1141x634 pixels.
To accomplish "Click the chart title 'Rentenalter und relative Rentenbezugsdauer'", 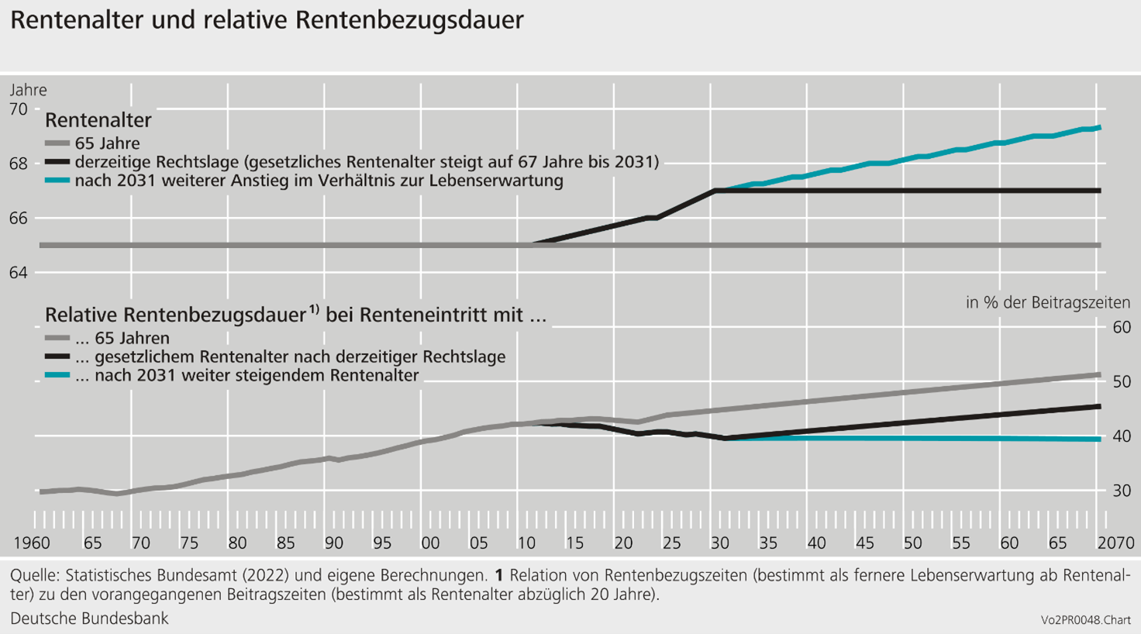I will tap(267, 20).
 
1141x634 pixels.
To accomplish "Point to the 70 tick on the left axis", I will tap(19, 109).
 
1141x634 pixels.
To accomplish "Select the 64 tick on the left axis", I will tap(19, 273).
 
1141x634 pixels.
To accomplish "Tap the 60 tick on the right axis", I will tap(1122, 327).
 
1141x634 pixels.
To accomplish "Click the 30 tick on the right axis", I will tap(1122, 491).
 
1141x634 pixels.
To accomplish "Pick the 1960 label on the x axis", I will tap(32, 543).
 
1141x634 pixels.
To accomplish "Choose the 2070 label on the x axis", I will tap(1115, 543).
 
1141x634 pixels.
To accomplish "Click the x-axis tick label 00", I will tap(430, 543).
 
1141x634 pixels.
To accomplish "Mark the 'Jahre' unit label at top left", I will tap(28, 90).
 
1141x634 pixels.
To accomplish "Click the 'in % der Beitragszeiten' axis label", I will tap(1047, 302).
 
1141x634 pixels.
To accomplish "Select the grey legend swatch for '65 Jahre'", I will tap(57, 143).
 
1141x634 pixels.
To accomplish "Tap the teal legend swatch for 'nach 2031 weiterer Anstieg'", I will tap(57, 181).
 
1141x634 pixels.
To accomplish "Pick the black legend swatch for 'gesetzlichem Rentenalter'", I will tap(57, 357).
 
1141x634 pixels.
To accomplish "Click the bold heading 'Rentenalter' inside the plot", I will tap(98, 120).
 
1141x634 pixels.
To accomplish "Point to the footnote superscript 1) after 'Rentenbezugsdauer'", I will tap(314, 310).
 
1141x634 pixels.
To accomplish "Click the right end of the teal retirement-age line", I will tap(1099, 128).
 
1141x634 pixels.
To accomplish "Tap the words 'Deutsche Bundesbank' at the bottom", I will tap(89, 618).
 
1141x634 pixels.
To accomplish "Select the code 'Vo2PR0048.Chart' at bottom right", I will tap(1085, 620).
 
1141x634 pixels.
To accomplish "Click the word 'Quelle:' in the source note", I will tap(35, 576).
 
